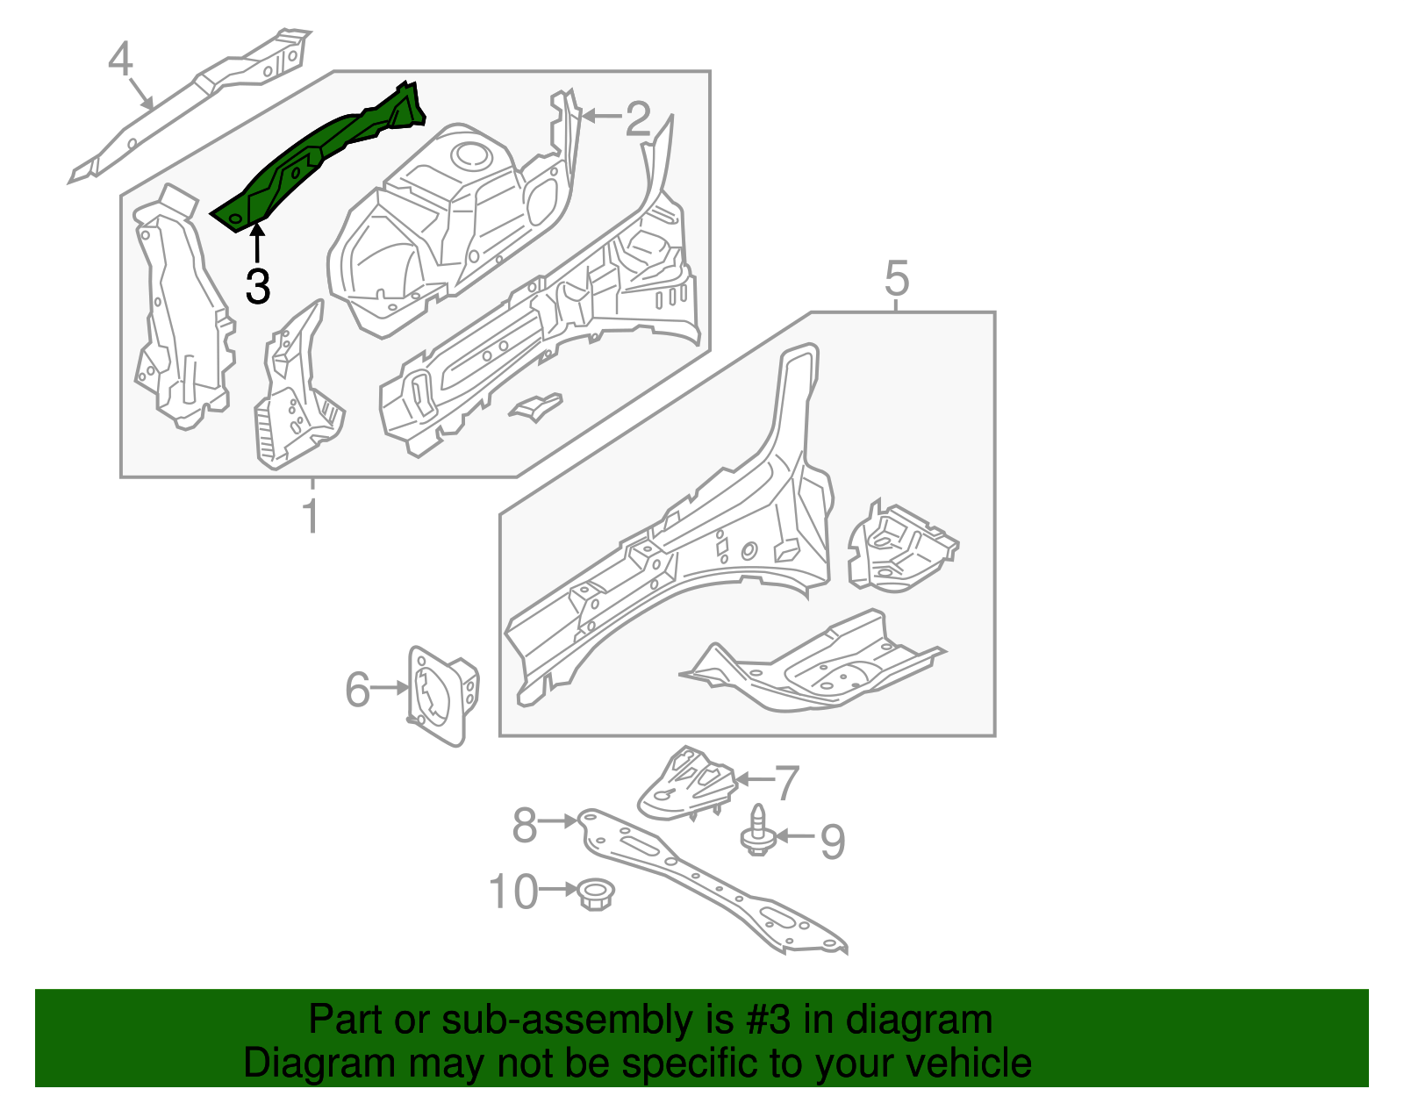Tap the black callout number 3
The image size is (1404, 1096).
(257, 286)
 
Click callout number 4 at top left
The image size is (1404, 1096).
(120, 60)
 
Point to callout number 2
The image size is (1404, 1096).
(638, 118)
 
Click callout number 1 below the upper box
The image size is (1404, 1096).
(311, 516)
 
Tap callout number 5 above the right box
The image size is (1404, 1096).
(896, 278)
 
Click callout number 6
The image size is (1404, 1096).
(357, 689)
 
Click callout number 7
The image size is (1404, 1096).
(786, 782)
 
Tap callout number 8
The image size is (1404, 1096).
(525, 825)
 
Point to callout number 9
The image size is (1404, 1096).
(832, 841)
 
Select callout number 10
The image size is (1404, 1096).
(512, 892)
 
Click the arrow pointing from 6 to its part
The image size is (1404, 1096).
(390, 689)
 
